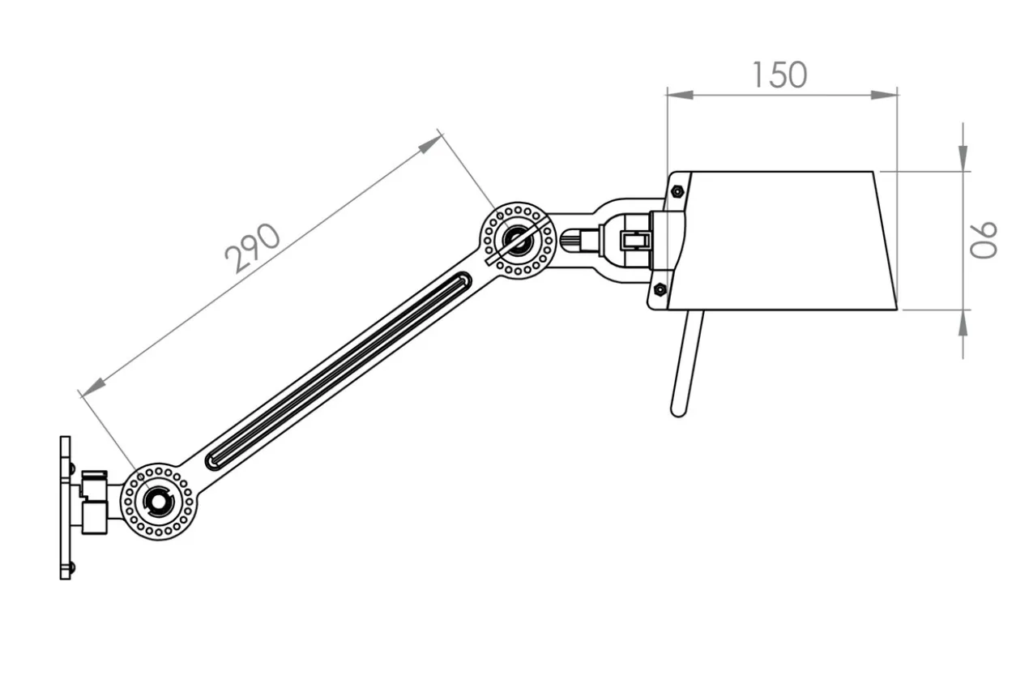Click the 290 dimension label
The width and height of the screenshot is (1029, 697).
[x=252, y=248]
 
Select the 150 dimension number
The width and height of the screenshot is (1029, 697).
[x=779, y=75]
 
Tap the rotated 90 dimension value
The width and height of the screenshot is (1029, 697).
[x=983, y=240]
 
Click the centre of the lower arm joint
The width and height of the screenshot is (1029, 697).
[x=159, y=502]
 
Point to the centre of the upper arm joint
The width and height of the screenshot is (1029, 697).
[x=519, y=240]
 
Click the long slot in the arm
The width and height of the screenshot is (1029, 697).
[x=338, y=371]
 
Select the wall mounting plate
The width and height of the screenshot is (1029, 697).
[x=66, y=507]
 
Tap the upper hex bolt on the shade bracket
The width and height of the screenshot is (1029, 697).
[x=677, y=190]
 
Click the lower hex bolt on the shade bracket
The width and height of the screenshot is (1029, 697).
[x=660, y=289]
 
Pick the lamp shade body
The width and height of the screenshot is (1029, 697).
[x=781, y=241]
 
